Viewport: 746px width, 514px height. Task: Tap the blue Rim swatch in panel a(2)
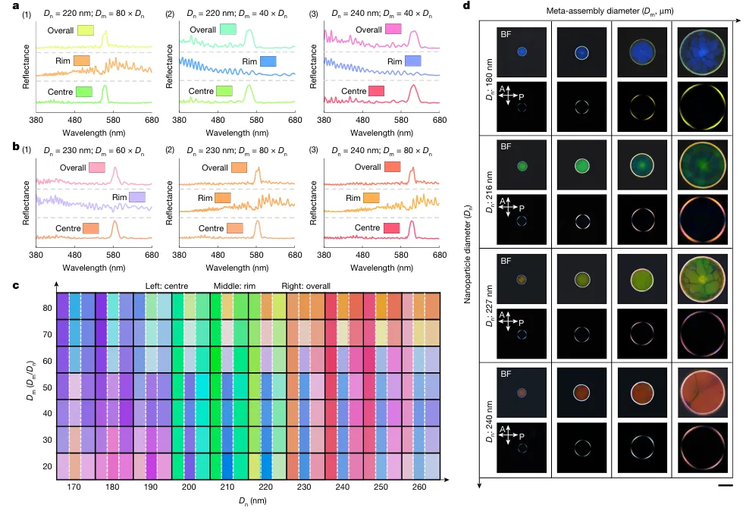(268, 61)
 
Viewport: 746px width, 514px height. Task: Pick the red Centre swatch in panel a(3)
(375, 92)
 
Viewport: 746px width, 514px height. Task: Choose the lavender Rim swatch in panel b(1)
(137, 197)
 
